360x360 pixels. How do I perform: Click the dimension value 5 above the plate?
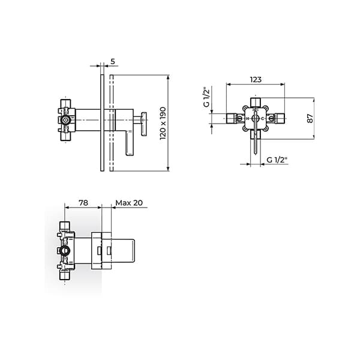[113, 62]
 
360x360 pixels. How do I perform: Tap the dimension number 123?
[256, 79]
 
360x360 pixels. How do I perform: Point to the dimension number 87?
[310, 118]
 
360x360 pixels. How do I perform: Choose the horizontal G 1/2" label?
[277, 160]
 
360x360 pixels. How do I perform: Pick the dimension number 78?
[83, 203]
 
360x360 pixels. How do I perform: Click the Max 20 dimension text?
[130, 203]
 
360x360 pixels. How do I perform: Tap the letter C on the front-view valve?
[264, 119]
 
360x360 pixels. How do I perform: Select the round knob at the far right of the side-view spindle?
[143, 124]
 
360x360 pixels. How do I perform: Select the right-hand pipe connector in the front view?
[278, 119]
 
